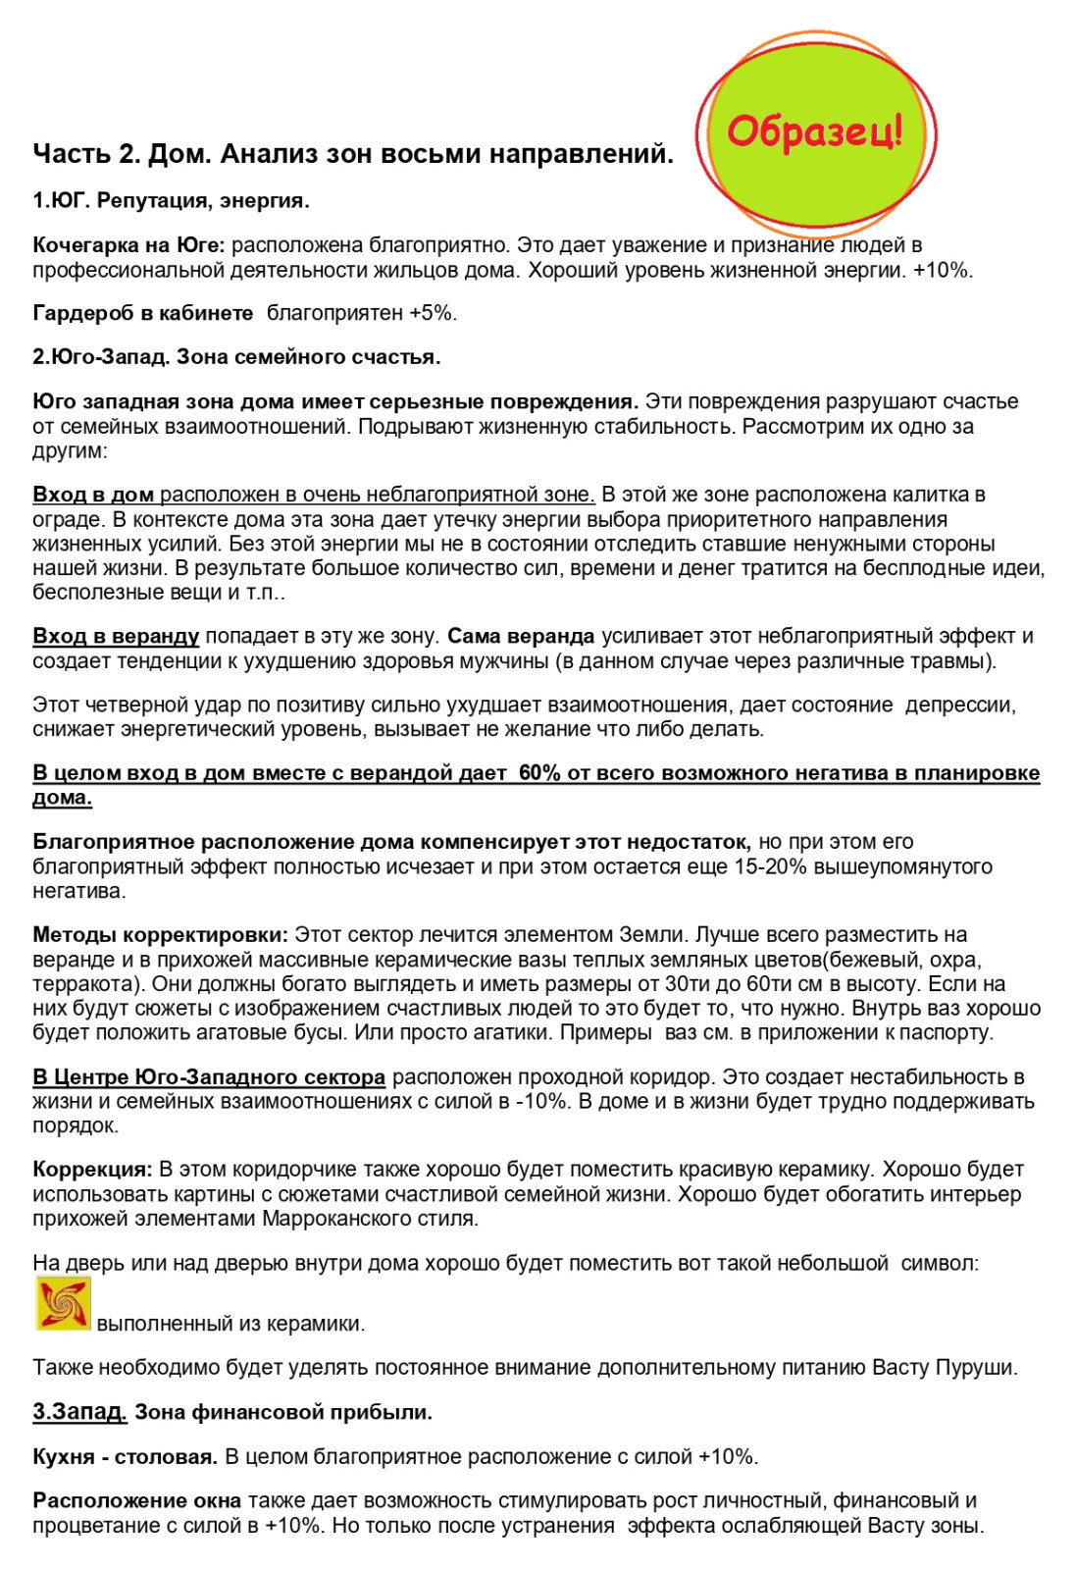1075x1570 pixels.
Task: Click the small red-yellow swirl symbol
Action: pyautogui.click(x=63, y=1303)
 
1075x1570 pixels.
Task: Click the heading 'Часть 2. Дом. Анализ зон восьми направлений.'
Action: pyautogui.click(x=353, y=154)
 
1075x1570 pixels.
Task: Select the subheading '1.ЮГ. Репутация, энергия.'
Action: pyautogui.click(x=171, y=201)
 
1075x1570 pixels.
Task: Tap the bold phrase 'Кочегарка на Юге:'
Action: pyautogui.click(x=128, y=244)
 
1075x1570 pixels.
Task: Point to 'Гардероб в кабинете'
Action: pyautogui.click(x=142, y=313)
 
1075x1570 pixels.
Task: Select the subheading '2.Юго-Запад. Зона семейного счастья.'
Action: pyautogui.click(x=236, y=357)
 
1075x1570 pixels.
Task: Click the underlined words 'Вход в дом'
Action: pyautogui.click(x=93, y=494)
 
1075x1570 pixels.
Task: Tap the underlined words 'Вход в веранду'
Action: pyautogui.click(x=116, y=636)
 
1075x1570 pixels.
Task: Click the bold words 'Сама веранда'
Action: pyautogui.click(x=520, y=636)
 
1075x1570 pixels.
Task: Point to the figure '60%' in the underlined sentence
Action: pyautogui.click(x=539, y=773)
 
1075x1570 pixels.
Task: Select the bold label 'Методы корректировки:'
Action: pyautogui.click(x=160, y=934)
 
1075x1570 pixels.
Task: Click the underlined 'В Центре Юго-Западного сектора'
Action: pyautogui.click(x=209, y=1076)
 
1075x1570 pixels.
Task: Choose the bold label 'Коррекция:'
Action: pyautogui.click(x=92, y=1169)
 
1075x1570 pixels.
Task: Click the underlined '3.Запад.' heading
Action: pyautogui.click(x=79, y=1412)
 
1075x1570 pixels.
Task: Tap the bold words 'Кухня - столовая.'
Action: pyautogui.click(x=125, y=1456)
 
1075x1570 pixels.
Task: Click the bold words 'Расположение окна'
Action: pyautogui.click(x=136, y=1500)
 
